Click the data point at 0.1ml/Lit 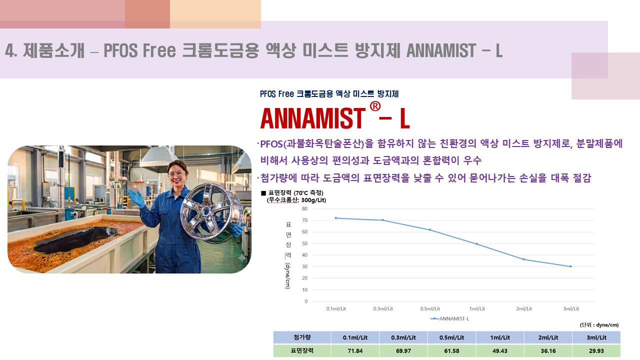[335, 218]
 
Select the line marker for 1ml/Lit [477, 244]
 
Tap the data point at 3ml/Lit [570, 266]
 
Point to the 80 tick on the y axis [305, 209]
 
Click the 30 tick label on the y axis [305, 266]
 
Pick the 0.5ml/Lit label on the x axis [430, 309]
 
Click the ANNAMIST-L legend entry [450, 318]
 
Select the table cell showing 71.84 [355, 351]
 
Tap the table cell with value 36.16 [548, 351]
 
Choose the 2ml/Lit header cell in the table [548, 337]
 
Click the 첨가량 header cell [302, 337]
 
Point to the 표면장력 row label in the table [302, 351]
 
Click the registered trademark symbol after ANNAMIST [375, 106]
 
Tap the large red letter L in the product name [405, 118]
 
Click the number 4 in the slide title [9, 50]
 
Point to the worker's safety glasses [176, 173]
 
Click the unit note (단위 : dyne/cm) [599, 325]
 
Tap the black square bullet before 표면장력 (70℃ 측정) [263, 193]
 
